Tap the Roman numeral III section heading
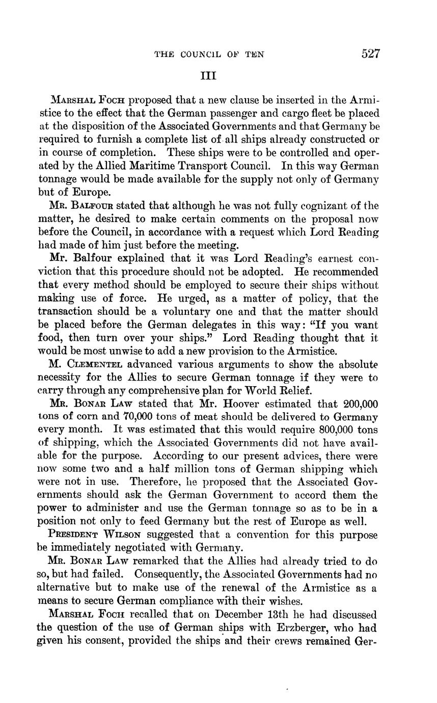click(208, 76)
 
